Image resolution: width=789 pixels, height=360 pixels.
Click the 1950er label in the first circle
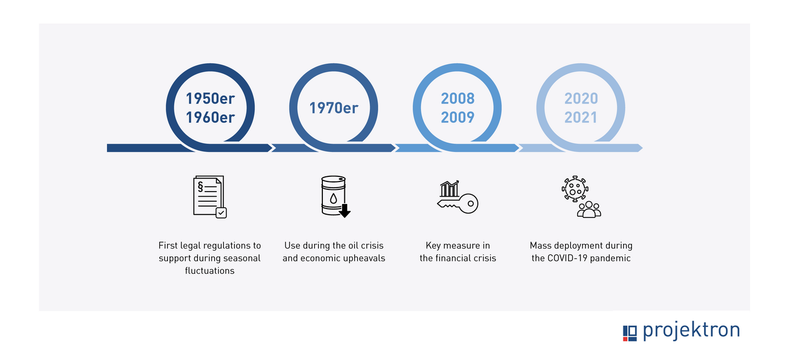[x=210, y=99]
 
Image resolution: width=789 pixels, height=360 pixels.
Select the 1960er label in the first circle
[x=210, y=118]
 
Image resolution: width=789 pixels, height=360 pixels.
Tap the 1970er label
[x=334, y=108]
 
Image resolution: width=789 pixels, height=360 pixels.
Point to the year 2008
[x=458, y=99]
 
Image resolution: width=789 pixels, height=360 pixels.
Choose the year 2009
[x=458, y=118]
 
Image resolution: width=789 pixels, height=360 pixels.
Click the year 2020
[x=581, y=99]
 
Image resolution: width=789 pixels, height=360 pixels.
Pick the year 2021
[x=581, y=118]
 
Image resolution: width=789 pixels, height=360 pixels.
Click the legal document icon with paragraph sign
[x=210, y=197]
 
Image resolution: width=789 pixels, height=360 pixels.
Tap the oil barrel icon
[x=334, y=195]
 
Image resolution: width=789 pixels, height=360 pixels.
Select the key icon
[x=458, y=204]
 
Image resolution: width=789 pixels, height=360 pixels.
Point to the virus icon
[x=575, y=189]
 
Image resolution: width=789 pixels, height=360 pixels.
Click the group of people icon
[x=589, y=210]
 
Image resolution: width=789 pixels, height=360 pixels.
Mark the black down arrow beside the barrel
[x=344, y=210]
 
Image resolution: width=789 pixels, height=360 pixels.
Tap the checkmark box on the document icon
[x=221, y=213]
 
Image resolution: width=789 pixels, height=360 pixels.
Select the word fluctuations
[x=210, y=271]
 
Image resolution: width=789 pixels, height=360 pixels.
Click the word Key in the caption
[x=433, y=246]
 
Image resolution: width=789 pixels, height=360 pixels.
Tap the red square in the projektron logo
[x=625, y=339]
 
